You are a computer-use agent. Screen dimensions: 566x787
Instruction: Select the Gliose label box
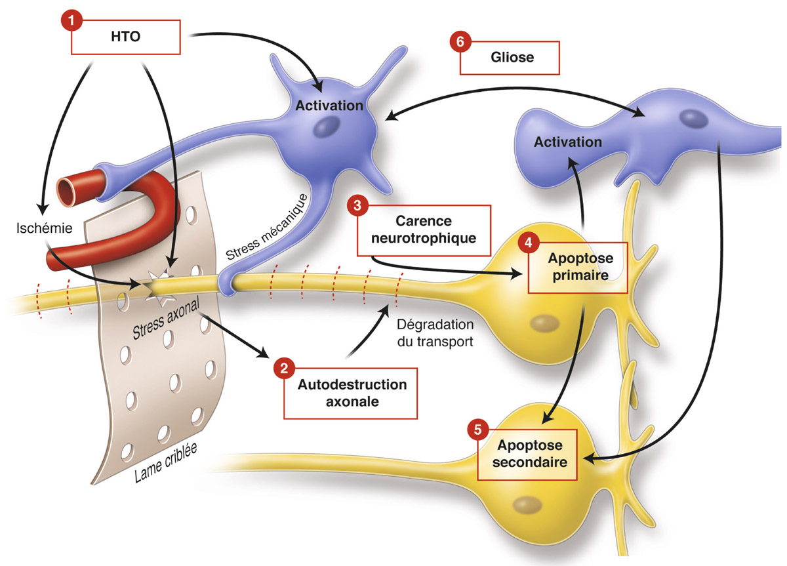[x=510, y=58]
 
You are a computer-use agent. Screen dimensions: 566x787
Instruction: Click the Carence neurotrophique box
[x=424, y=230]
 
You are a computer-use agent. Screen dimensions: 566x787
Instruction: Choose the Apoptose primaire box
[x=577, y=268]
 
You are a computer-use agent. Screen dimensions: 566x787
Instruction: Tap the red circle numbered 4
[x=529, y=243]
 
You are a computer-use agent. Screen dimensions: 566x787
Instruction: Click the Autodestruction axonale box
[x=352, y=393]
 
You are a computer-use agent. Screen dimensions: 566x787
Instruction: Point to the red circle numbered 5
[x=478, y=430]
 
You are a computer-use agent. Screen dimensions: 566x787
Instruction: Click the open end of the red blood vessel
[x=69, y=190]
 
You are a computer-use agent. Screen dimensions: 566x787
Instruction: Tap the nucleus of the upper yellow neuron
[x=544, y=322]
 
